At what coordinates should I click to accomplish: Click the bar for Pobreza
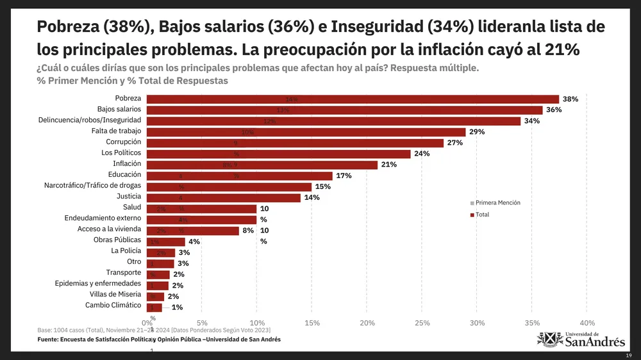353,99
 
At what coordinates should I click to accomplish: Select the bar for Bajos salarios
344,110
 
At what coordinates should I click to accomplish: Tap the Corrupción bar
295,143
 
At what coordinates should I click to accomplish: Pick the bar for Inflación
262,165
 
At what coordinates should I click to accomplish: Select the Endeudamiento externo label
103,218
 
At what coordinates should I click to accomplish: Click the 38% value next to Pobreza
570,99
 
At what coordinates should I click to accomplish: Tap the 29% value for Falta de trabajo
476,132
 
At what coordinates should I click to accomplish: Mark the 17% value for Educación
344,176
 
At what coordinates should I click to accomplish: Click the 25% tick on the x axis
422,323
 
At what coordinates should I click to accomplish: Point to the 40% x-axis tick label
587,323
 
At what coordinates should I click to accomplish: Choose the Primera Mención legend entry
497,202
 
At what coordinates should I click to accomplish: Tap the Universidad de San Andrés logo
581,339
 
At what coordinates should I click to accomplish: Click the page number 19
629,355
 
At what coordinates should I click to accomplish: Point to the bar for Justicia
223,197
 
